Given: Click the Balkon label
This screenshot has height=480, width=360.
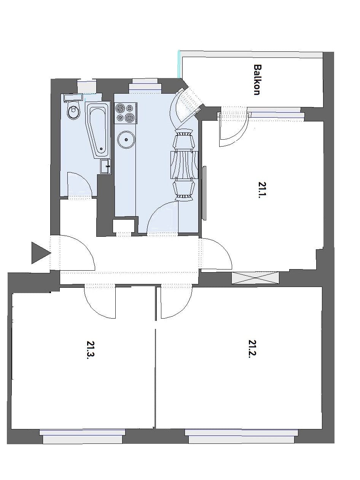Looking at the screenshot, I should [258, 80].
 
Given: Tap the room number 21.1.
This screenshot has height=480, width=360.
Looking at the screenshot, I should [262, 190].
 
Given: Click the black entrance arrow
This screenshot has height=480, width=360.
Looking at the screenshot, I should [40, 253].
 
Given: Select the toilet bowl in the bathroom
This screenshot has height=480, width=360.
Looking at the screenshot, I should [73, 111].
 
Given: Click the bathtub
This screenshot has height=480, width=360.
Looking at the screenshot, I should [99, 130].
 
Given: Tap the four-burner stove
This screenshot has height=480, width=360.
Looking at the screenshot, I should [125, 113].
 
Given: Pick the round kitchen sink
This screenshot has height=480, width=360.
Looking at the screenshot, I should [125, 140].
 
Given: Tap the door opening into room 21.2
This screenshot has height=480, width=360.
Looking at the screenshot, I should [175, 301].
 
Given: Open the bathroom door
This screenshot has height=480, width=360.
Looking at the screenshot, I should [79, 185].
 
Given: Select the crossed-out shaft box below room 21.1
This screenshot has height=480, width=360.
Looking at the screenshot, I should [255, 278].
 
